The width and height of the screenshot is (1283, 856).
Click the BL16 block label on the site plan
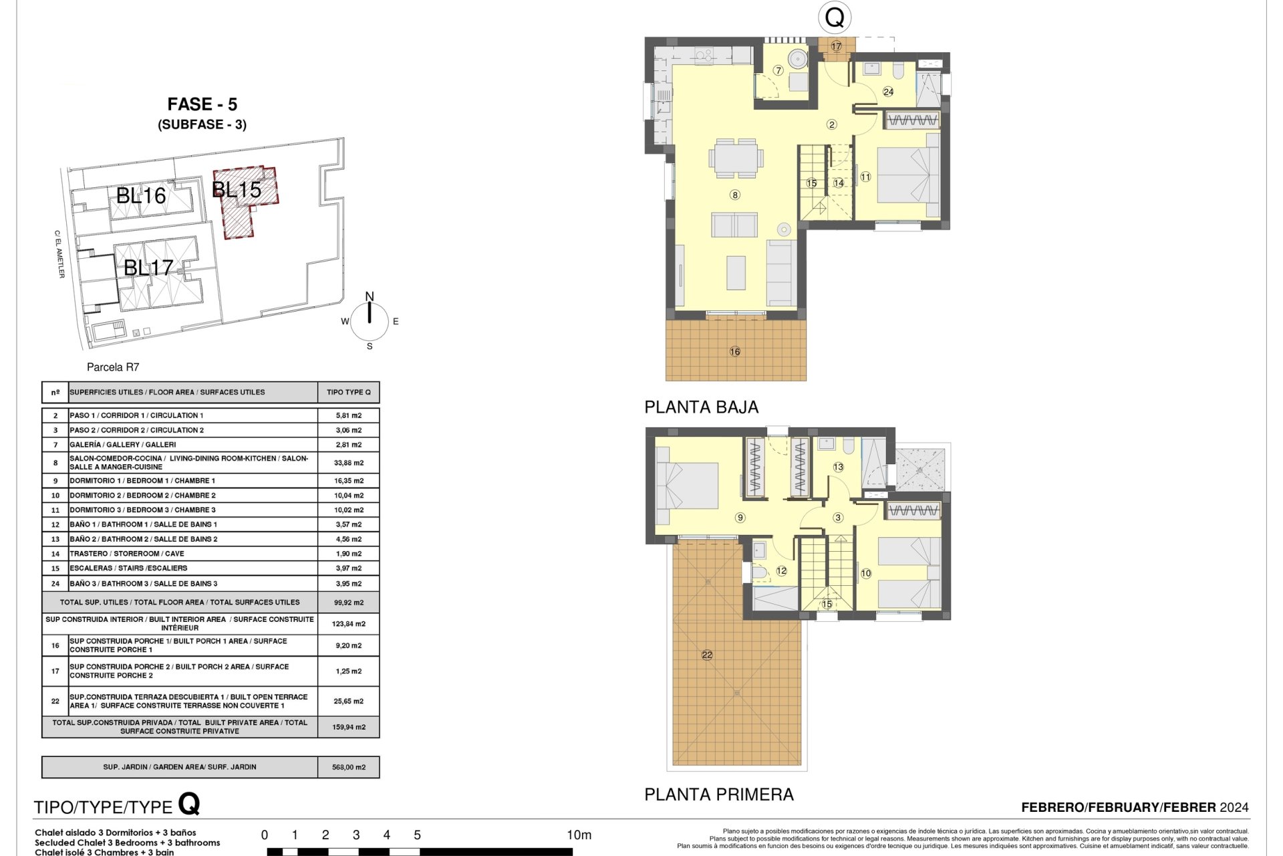point(141,196)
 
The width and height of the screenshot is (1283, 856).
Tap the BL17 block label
point(148,267)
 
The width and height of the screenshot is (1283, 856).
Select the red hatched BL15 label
point(237,190)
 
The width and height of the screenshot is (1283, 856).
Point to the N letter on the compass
point(370,296)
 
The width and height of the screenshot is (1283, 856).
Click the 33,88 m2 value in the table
point(349,463)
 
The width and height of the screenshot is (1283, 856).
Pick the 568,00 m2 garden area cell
point(349,767)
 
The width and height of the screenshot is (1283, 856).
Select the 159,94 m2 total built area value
point(349,727)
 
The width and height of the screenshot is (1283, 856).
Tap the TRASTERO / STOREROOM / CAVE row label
point(127,554)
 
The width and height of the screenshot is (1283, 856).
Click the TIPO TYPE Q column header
point(349,393)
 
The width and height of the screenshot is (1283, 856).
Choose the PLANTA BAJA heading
point(701,407)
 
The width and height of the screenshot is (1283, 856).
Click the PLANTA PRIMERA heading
point(719,794)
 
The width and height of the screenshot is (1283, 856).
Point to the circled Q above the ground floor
point(835,17)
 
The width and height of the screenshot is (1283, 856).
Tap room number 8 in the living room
point(735,195)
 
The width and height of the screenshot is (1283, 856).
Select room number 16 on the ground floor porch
point(735,352)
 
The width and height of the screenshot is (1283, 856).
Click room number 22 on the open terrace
point(707,655)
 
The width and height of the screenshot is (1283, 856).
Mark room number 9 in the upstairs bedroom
point(740,518)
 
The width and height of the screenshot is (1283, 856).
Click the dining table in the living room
point(736,158)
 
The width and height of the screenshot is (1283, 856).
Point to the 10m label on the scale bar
point(579,835)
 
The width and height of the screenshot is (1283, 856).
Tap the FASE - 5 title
point(202,104)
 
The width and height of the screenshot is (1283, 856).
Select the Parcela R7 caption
point(113,367)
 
